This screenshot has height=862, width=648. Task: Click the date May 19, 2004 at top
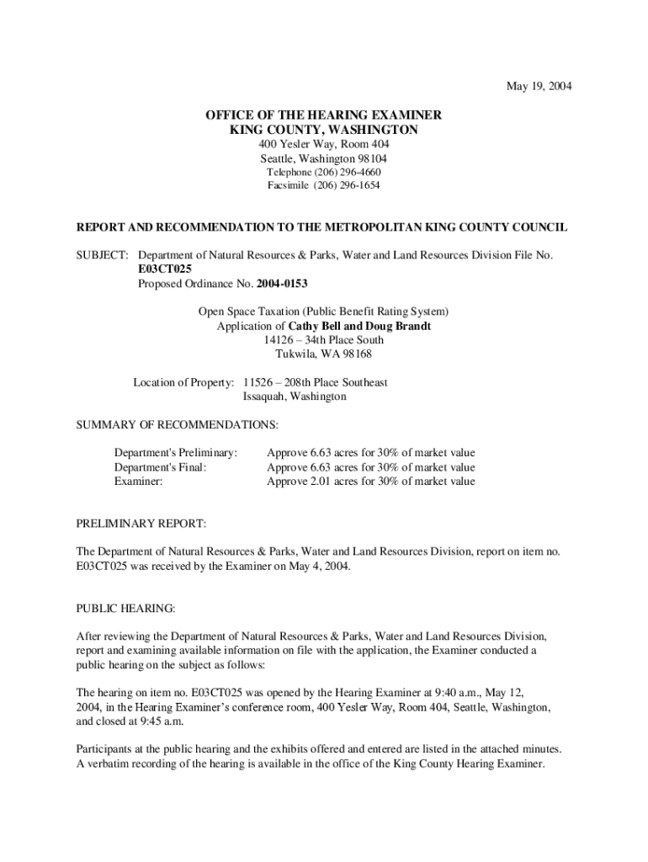(x=539, y=86)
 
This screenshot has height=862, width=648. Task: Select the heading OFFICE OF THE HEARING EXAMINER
(x=324, y=115)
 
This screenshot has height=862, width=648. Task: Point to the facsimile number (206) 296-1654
(x=347, y=185)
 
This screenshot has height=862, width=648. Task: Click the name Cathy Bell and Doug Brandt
(x=359, y=326)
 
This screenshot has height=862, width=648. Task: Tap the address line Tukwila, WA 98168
(x=324, y=354)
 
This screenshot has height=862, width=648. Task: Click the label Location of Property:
(x=184, y=382)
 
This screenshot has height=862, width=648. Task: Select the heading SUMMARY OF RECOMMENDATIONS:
(x=178, y=424)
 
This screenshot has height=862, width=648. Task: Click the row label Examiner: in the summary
(x=138, y=482)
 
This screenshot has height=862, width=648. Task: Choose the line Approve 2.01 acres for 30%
(x=370, y=482)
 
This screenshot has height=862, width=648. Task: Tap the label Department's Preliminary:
(x=176, y=453)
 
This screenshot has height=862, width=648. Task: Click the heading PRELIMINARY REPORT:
(x=141, y=524)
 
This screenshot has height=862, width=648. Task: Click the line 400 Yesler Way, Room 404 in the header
(x=324, y=145)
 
